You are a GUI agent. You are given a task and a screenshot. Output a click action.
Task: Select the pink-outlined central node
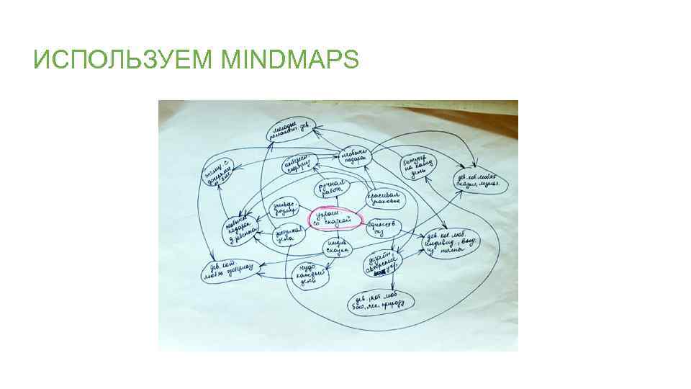[335, 219]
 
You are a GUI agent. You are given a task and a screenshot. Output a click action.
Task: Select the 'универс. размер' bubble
[281, 209]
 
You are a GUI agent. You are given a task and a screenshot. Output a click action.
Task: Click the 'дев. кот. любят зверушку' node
[229, 269]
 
